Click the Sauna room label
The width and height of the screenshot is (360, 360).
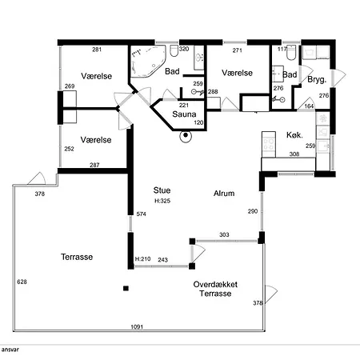point(184,114)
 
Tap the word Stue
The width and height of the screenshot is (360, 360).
point(162,190)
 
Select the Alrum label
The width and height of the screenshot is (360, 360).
point(224,193)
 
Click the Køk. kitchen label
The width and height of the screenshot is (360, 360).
point(294,135)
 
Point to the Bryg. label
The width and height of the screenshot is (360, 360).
point(317,79)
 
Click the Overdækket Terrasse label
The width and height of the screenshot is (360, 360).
point(215,289)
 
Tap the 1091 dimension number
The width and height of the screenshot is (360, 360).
point(137,326)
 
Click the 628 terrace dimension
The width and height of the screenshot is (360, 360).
point(22,282)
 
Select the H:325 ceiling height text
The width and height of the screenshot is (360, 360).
point(162,201)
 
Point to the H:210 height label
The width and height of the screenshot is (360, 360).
point(142,258)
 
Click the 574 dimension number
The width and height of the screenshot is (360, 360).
point(141,214)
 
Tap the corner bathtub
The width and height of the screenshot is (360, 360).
point(148,62)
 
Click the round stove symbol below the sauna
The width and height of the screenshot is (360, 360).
point(186,136)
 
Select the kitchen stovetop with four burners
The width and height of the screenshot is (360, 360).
point(269,144)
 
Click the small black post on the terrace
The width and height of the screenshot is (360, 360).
point(126,288)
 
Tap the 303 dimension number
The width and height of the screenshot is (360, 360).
point(224,234)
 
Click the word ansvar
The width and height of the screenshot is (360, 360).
point(10,350)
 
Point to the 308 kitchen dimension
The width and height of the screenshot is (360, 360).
point(294,154)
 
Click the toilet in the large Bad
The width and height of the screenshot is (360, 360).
point(174,51)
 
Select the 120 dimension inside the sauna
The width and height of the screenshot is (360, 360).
point(198,122)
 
